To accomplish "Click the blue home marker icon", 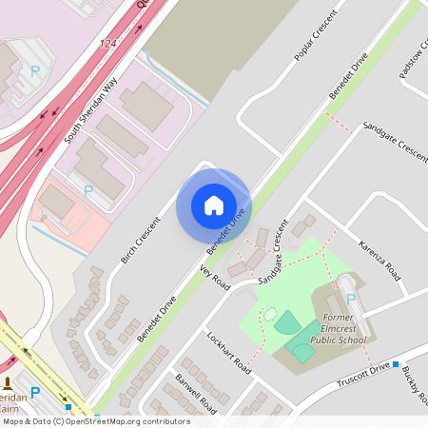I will click(x=214, y=205).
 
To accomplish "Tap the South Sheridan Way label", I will click(x=92, y=111).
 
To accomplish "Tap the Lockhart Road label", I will click(x=228, y=353).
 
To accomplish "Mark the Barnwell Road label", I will click(x=196, y=393).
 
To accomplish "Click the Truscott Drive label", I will click(x=364, y=374).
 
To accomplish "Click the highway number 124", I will click(x=110, y=45).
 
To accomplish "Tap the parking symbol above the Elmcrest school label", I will click(x=350, y=300).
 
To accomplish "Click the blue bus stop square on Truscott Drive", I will click(x=396, y=364).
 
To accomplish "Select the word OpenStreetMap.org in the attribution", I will click(x=110, y=420).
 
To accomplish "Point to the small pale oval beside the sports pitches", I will click(x=270, y=314).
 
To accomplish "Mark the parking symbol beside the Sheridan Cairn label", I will click(x=35, y=392).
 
